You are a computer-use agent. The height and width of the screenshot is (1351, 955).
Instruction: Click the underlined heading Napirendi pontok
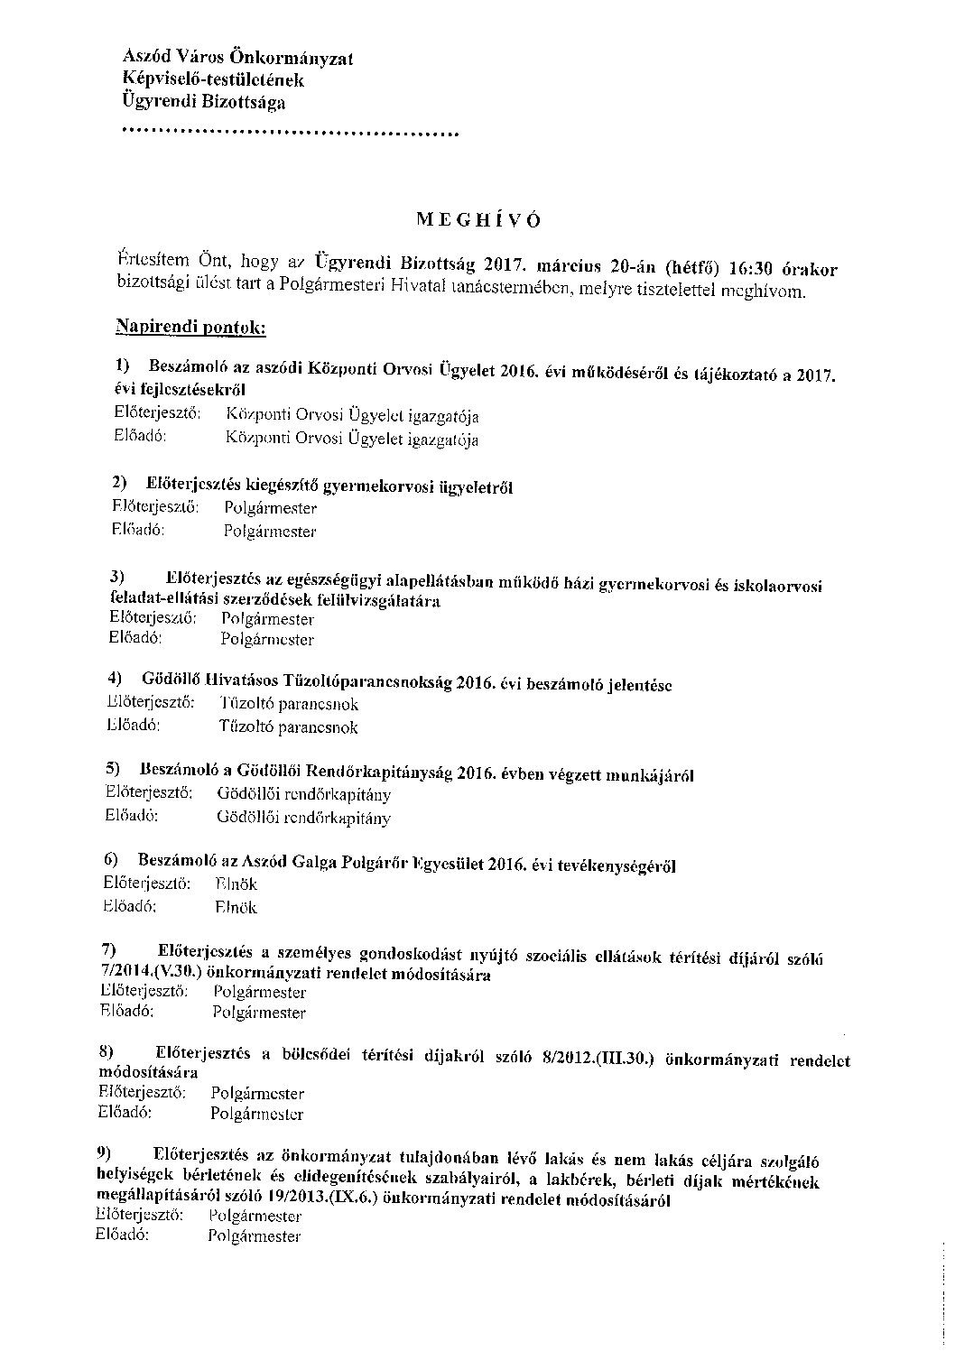click(x=190, y=326)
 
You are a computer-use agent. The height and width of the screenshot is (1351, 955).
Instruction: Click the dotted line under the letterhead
click(x=289, y=134)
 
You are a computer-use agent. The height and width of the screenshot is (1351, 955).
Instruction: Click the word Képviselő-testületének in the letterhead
click(x=213, y=80)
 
